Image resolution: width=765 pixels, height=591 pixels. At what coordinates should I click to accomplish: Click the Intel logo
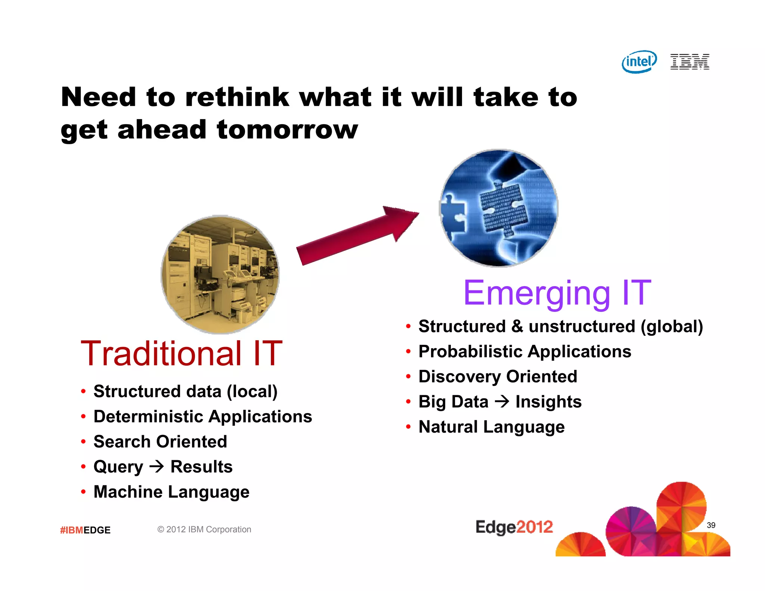click(639, 62)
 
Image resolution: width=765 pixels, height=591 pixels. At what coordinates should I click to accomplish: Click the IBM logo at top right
click(690, 62)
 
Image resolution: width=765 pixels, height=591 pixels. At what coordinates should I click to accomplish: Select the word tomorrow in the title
click(287, 130)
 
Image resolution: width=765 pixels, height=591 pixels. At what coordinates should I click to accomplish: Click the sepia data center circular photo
click(220, 275)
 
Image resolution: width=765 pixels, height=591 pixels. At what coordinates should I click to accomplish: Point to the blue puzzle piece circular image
click(499, 208)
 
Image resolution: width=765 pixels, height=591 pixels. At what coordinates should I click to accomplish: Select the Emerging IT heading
click(557, 293)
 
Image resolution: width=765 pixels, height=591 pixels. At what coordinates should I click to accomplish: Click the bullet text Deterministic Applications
click(202, 417)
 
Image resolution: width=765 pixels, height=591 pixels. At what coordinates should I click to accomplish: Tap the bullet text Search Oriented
click(160, 442)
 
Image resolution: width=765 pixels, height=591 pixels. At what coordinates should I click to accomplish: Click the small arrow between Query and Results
click(157, 466)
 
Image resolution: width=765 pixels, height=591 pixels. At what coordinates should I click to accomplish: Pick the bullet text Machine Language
click(171, 492)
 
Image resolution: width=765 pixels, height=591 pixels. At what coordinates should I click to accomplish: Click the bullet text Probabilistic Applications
click(524, 352)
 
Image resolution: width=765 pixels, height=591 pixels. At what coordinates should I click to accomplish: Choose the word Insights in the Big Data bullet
click(548, 402)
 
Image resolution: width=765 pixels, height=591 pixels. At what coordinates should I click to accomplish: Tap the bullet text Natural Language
click(491, 427)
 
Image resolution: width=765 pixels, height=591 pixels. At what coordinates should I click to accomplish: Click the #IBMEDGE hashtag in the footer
click(85, 530)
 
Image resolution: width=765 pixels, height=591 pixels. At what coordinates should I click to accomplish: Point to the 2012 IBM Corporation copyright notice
click(204, 529)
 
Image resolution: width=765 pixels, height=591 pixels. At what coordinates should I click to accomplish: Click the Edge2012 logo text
click(514, 527)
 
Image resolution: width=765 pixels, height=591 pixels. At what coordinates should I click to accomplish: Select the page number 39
click(711, 525)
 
